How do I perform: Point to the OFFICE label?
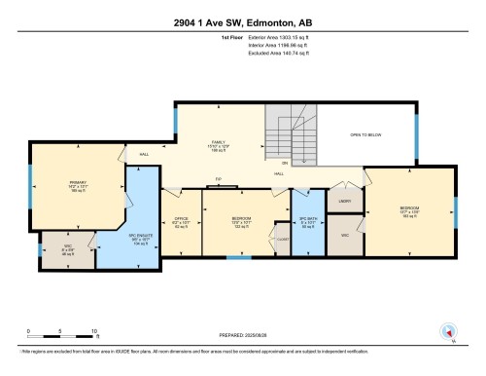[180, 222]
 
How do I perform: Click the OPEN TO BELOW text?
[367, 134]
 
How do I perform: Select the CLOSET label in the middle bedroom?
[283, 237]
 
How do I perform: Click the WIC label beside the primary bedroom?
[67, 249]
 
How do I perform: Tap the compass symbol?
[448, 331]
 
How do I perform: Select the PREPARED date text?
[243, 338]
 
